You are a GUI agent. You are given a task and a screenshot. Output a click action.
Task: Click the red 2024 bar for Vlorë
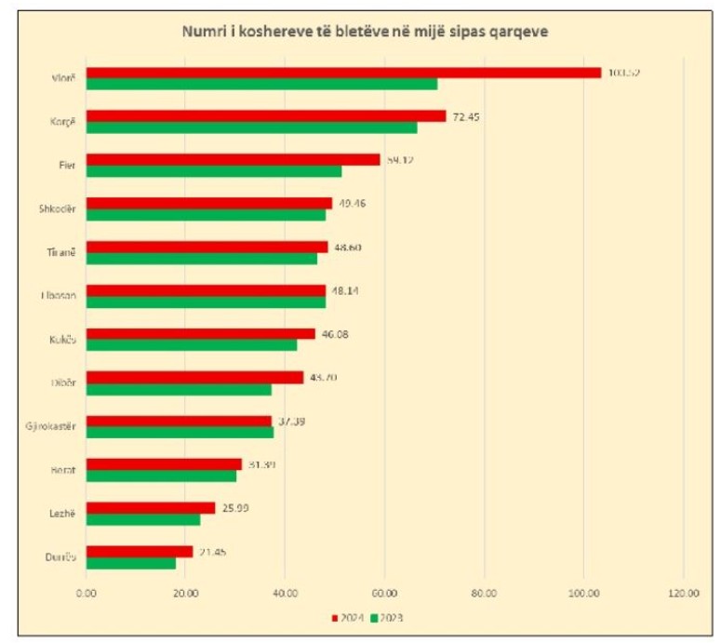pyautogui.click(x=343, y=73)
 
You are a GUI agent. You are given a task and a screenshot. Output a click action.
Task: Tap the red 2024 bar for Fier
pyautogui.click(x=233, y=159)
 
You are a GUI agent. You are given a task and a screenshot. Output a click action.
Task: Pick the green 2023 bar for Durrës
pyautogui.click(x=130, y=562)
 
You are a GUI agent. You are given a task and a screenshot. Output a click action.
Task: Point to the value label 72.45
pyautogui.click(x=466, y=116)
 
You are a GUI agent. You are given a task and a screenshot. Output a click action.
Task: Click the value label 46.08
pyautogui.click(x=335, y=334)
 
